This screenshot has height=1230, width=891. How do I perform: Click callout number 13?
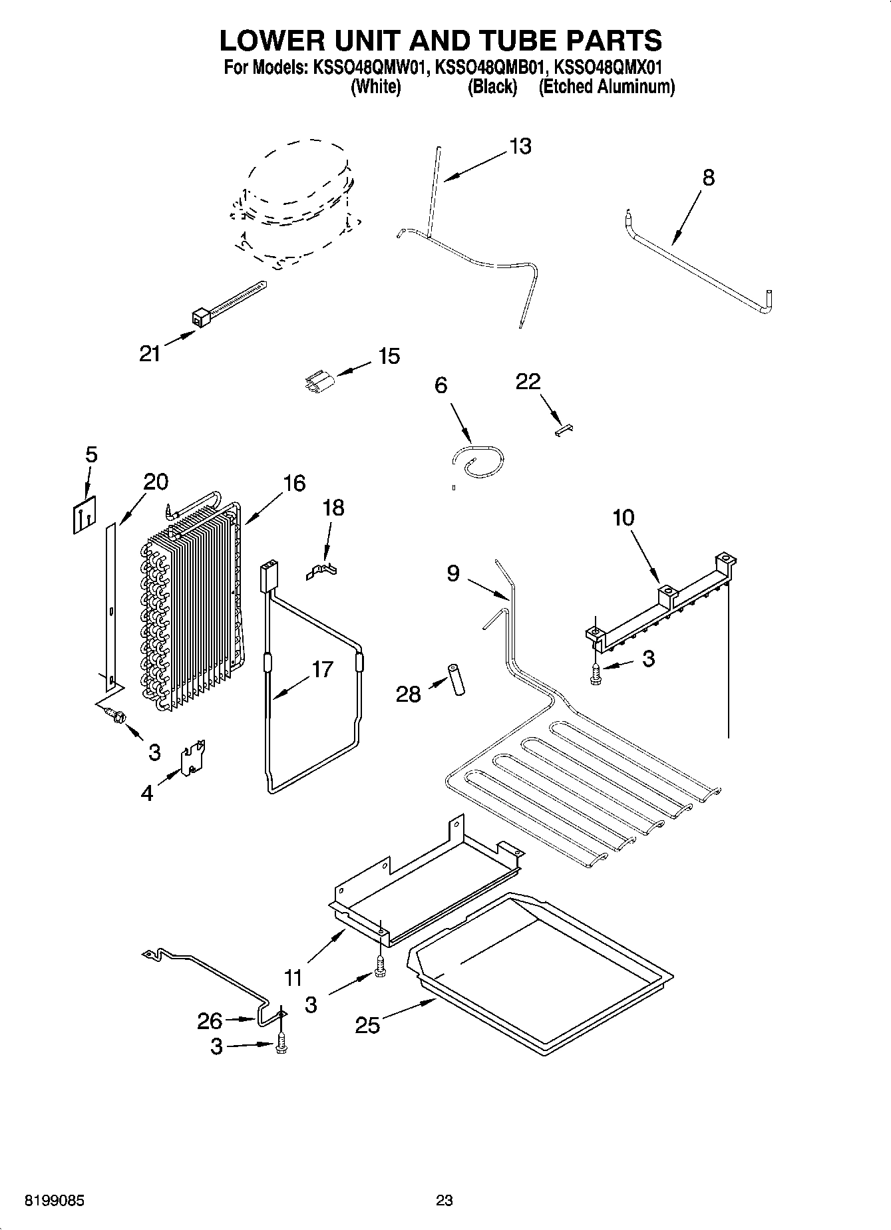[520, 146]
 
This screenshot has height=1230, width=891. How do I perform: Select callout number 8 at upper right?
[708, 178]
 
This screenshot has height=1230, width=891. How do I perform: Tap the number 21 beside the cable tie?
[150, 353]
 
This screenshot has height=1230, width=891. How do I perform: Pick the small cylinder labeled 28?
[456, 679]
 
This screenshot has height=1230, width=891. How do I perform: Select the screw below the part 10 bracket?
[596, 673]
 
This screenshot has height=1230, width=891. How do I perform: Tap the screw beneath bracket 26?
[281, 1044]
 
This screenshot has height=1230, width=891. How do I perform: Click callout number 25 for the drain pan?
[367, 1025]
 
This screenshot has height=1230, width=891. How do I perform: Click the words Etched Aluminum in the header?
[606, 87]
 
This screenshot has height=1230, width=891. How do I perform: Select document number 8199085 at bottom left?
[55, 1200]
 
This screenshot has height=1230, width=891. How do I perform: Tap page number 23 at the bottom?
[445, 1200]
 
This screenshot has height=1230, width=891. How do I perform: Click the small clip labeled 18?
[322, 571]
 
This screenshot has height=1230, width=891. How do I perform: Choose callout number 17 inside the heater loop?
[322, 669]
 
